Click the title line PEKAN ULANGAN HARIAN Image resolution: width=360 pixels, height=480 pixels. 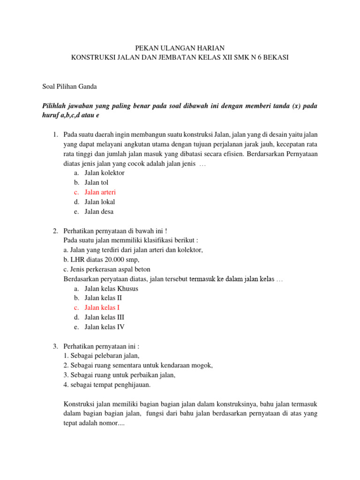pyautogui.click(x=180, y=48)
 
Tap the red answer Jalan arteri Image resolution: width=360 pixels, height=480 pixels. pyautogui.click(x=100, y=192)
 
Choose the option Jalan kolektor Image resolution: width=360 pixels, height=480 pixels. pyautogui.click(x=105, y=173)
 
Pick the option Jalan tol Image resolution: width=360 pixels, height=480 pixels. pyautogui.click(x=96, y=182)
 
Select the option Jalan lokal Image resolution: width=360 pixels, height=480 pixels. pyautogui.click(x=99, y=202)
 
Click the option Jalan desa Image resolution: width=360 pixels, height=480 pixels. pyautogui.click(x=99, y=211)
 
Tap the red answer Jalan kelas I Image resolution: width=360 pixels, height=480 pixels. pyautogui.click(x=102, y=307)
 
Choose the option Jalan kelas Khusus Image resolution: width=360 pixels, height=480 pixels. pyautogui.click(x=111, y=288)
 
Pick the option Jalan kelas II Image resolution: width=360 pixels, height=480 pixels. pyautogui.click(x=103, y=298)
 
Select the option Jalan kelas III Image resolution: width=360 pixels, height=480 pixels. pyautogui.click(x=104, y=317)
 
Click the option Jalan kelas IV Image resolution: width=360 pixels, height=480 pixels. pyautogui.click(x=105, y=327)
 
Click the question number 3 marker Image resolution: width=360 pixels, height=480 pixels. pyautogui.click(x=55, y=346)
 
